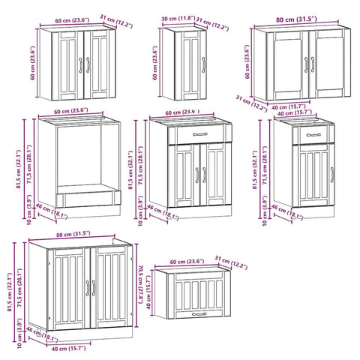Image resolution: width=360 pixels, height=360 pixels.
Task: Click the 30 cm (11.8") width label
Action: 176,19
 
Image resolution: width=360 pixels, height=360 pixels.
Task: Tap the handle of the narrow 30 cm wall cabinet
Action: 201,65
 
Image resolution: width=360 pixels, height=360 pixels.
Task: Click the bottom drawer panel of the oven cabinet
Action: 88,198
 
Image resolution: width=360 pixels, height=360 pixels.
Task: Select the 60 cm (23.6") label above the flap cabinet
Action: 184,261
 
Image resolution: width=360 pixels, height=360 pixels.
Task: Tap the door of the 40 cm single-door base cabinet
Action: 309,177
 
